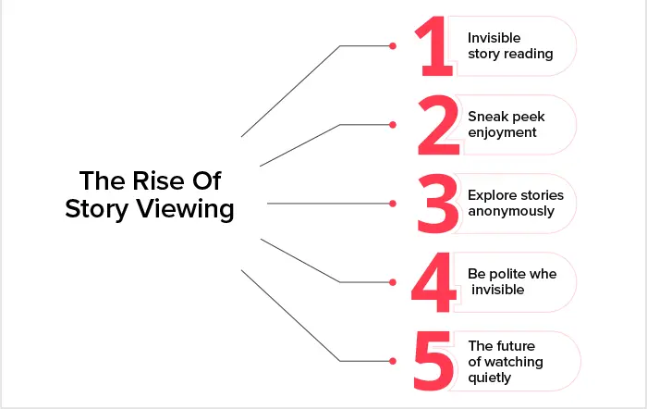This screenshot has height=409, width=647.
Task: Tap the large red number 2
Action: (x=439, y=125)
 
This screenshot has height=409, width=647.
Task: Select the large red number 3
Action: (x=438, y=204)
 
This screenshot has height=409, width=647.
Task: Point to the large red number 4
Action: (x=433, y=282)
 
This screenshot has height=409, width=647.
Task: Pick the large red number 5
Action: (x=433, y=361)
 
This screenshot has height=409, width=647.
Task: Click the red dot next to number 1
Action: (x=393, y=46)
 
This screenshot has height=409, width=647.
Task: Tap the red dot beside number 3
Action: (x=393, y=204)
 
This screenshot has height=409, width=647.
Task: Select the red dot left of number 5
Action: (x=393, y=361)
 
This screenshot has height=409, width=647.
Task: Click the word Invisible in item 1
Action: (x=494, y=38)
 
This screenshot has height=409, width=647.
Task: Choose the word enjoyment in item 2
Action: (x=502, y=132)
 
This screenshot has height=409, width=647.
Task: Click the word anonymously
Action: (x=511, y=211)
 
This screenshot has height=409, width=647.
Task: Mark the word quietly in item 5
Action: (x=489, y=378)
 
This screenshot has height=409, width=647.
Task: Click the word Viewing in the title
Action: (x=185, y=208)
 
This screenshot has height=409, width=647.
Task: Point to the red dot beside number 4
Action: (x=393, y=282)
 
